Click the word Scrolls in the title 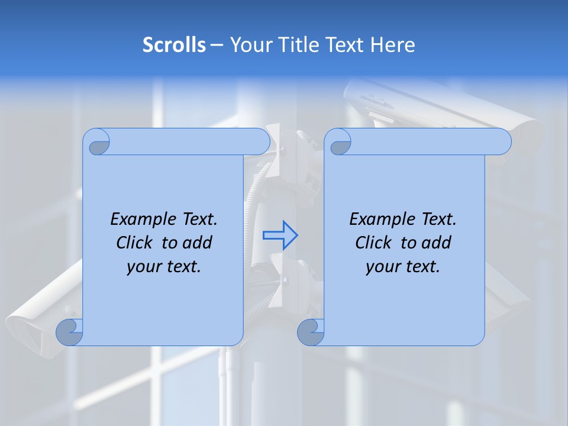(175, 45)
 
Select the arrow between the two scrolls (280, 235)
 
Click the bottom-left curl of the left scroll (69, 332)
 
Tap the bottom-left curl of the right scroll (311, 332)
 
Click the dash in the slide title (217, 46)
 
